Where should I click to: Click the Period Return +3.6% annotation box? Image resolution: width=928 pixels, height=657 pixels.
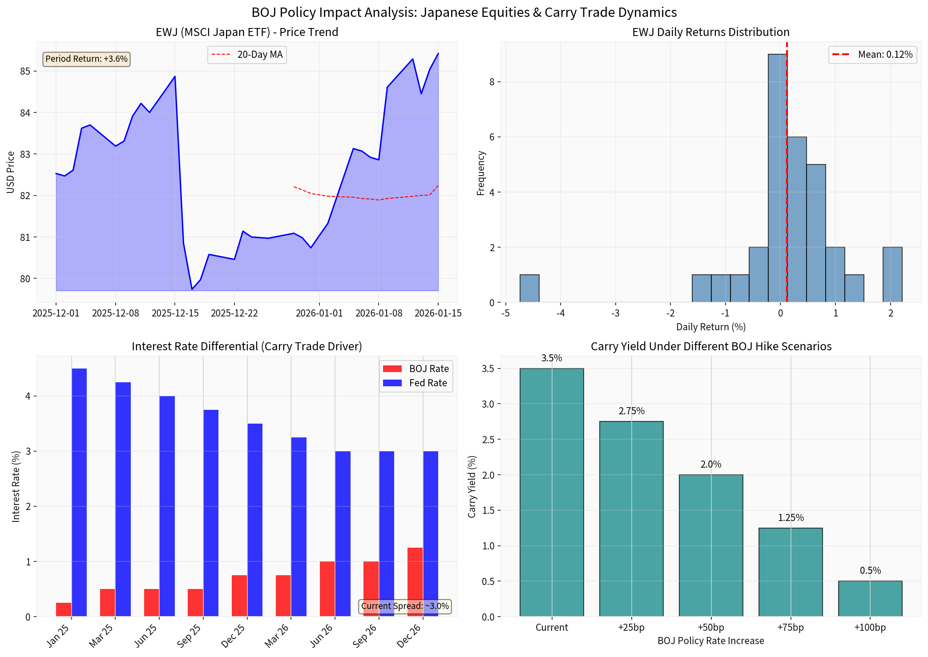click(86, 59)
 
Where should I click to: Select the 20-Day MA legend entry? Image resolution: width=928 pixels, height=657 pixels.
click(247, 55)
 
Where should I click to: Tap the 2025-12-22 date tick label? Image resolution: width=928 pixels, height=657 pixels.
click(234, 313)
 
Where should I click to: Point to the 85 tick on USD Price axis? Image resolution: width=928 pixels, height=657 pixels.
click(25, 71)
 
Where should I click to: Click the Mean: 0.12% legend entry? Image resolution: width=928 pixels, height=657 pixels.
click(872, 55)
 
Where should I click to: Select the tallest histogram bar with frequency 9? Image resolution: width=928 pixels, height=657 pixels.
click(777, 178)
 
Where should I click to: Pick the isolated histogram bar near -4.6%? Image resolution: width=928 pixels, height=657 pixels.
click(529, 288)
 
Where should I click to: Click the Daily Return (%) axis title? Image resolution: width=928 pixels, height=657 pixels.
click(710, 327)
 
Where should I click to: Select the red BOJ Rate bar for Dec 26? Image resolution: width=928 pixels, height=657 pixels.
click(415, 582)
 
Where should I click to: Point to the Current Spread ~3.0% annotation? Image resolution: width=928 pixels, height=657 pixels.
click(405, 606)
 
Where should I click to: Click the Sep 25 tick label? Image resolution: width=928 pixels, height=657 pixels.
click(189, 636)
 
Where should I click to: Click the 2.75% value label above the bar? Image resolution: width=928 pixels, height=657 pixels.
click(631, 411)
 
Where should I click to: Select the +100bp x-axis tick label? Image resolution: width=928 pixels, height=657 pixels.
click(870, 628)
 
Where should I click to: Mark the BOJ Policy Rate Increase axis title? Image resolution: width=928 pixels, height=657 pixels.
click(710, 641)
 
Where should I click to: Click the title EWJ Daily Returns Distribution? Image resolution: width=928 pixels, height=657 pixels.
click(710, 32)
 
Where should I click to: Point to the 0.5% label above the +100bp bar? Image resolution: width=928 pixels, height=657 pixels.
click(870, 571)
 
